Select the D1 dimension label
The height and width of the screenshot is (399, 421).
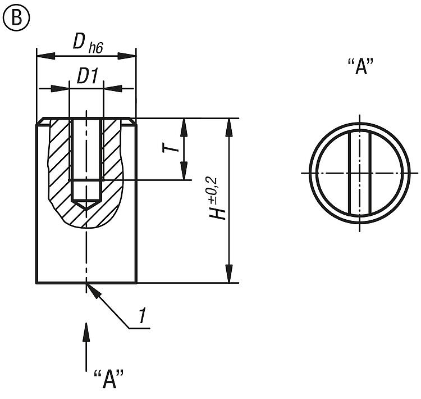[x=87, y=78]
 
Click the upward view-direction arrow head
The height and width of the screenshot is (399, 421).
[x=86, y=328]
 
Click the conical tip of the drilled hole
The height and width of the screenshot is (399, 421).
[x=86, y=206]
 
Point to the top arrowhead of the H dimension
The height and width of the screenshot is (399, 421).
[x=228, y=125]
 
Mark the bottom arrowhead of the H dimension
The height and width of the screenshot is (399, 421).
[x=228, y=277]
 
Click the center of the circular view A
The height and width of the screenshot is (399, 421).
[x=359, y=173]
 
